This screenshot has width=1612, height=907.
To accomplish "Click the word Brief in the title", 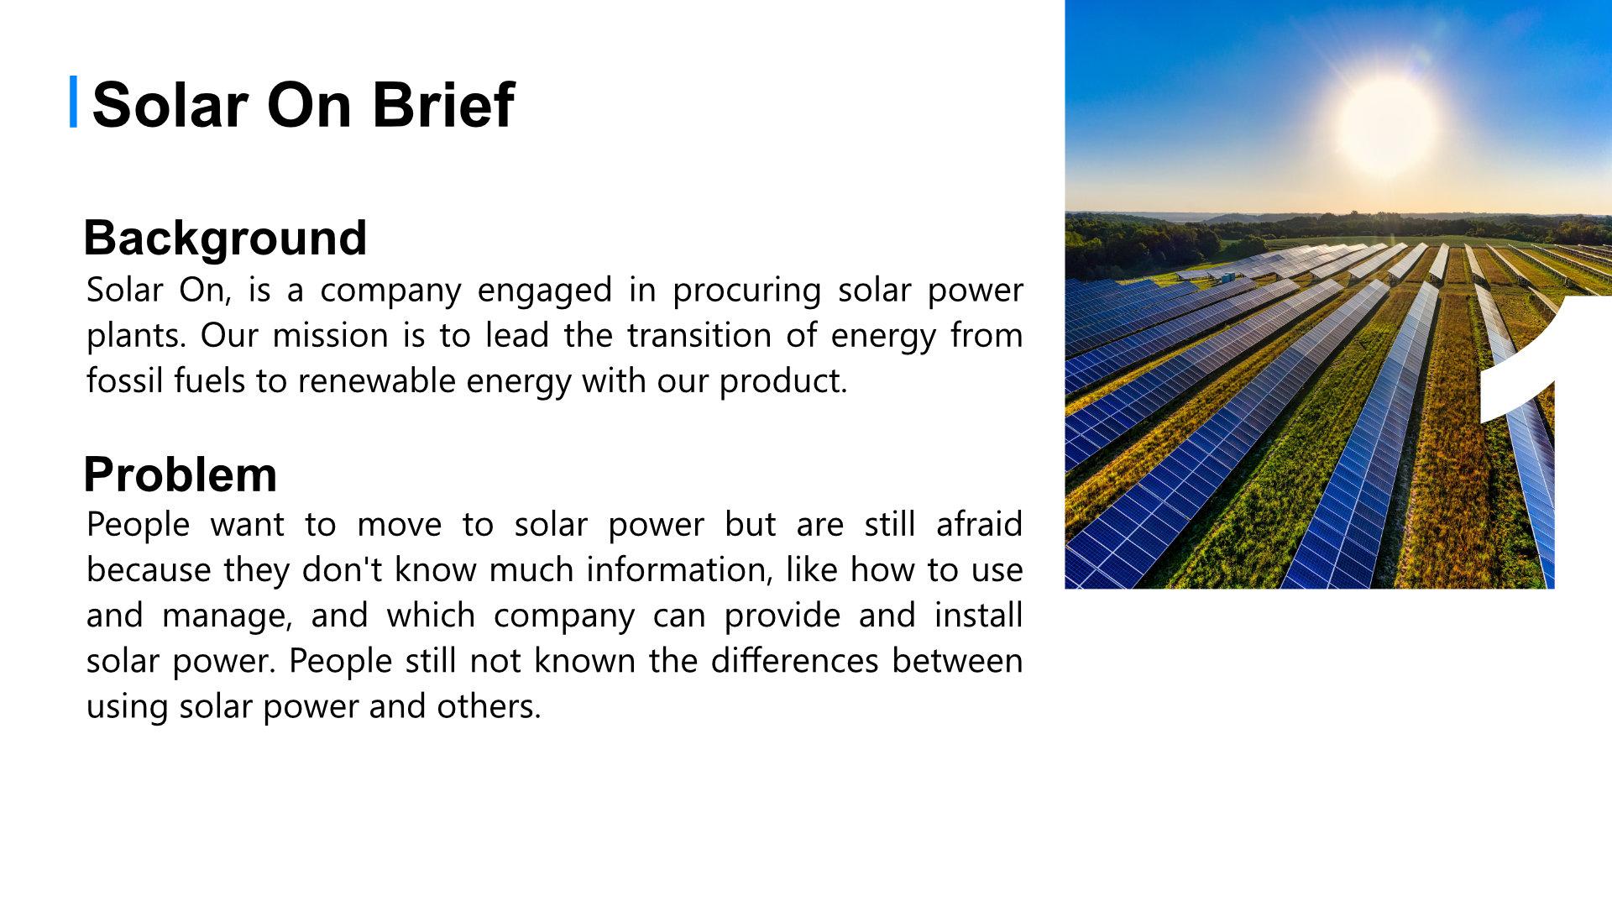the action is click(x=442, y=105).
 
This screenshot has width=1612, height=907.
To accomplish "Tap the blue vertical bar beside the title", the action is click(x=74, y=102).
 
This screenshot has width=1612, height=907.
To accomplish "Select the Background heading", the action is click(x=225, y=239).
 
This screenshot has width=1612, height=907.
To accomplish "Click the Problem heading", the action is click(x=181, y=475).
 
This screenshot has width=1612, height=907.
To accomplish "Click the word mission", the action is click(x=332, y=336).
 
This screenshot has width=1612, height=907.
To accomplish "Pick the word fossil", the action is click(x=126, y=381).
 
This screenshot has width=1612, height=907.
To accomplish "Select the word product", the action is click(x=783, y=381).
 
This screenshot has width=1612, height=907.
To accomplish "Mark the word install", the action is click(x=978, y=616).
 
